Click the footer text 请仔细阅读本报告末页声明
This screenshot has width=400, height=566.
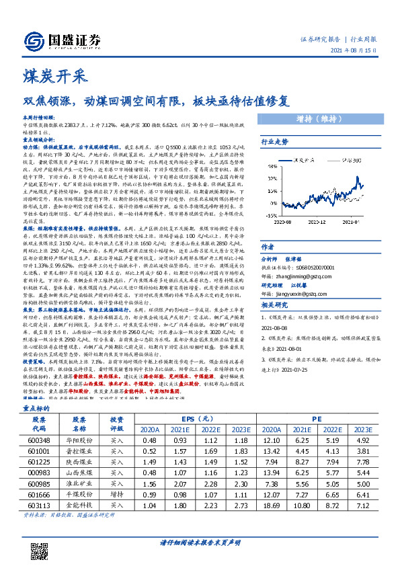pyautogui.click(x=200, y=542)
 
